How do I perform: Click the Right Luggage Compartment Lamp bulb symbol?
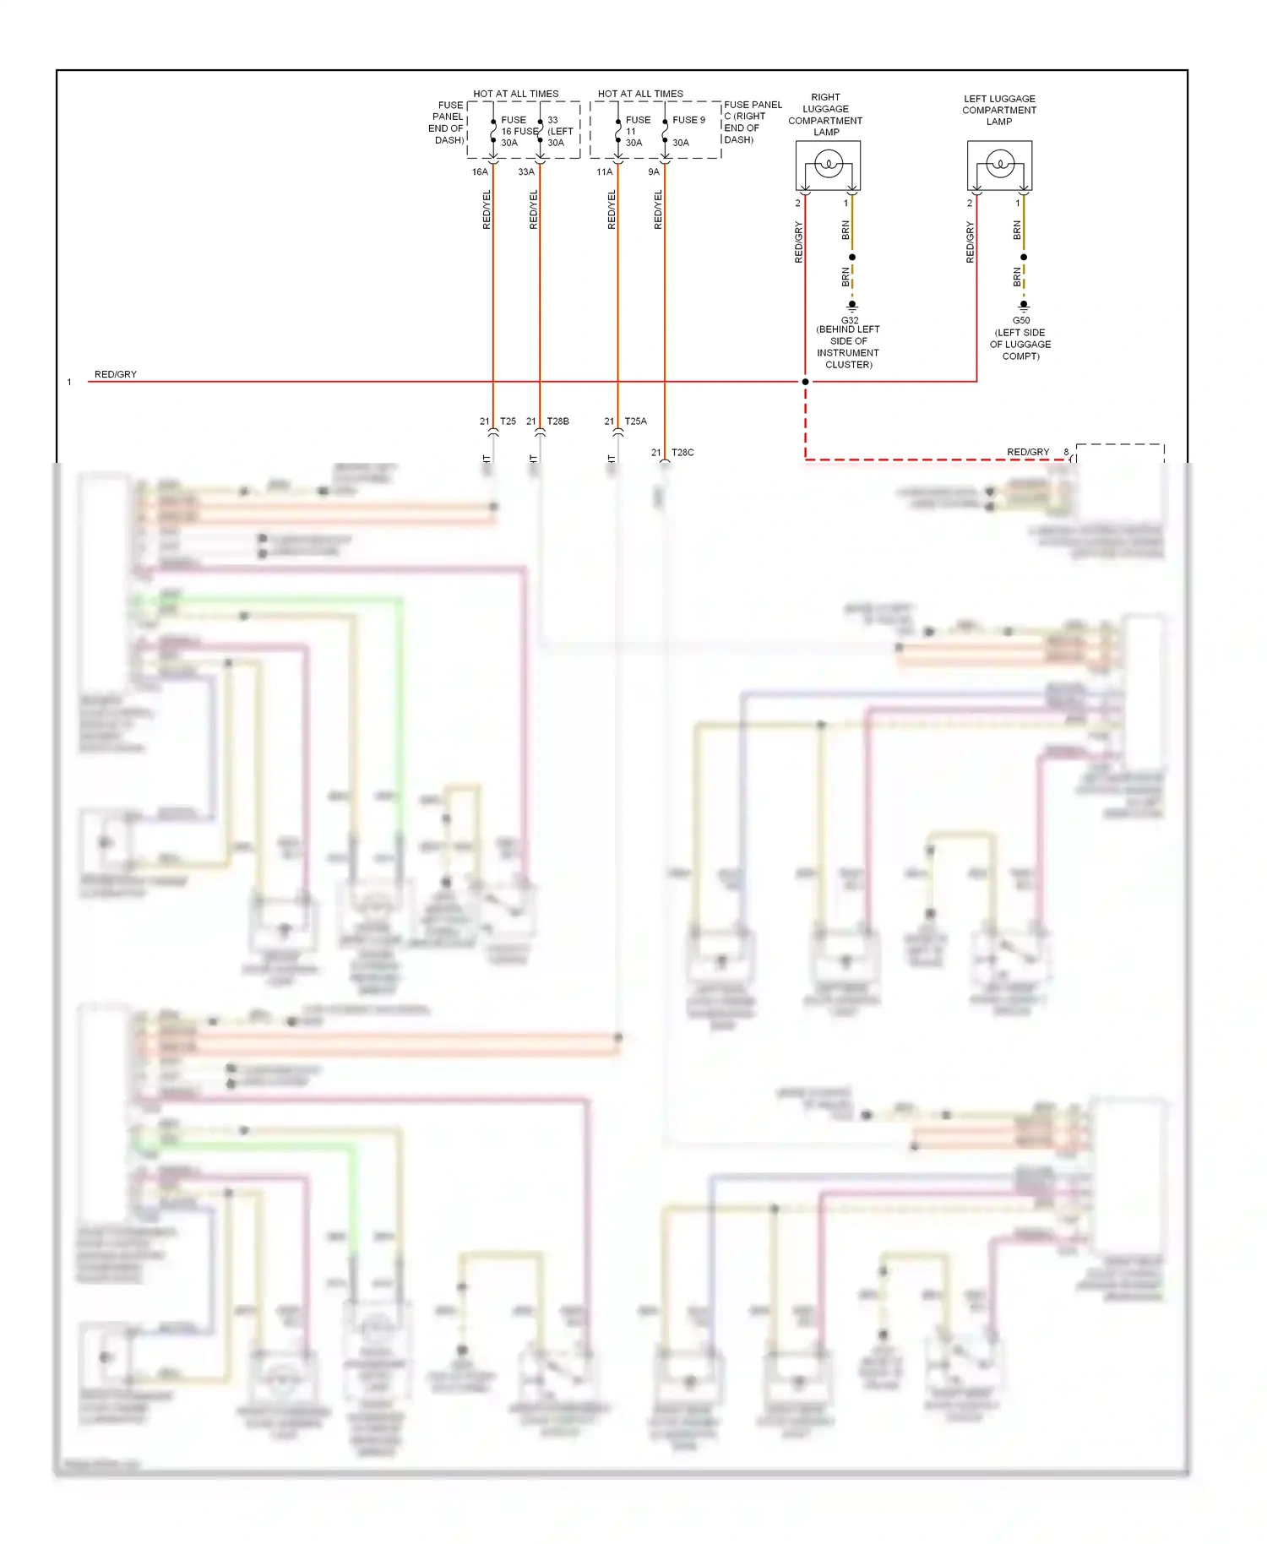[828, 164]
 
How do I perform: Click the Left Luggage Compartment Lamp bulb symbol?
[1000, 164]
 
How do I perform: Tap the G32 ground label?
[849, 320]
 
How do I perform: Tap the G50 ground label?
[1021, 321]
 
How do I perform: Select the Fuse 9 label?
[688, 120]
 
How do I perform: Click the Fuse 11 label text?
[637, 126]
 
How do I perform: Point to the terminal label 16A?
[480, 172]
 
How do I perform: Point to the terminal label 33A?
[526, 172]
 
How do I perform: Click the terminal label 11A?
[604, 172]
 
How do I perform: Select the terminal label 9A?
[654, 172]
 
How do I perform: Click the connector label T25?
[508, 421]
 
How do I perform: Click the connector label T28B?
[557, 421]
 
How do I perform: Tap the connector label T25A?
[635, 421]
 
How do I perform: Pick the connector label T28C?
[682, 453]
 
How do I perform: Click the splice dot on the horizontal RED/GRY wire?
[805, 382]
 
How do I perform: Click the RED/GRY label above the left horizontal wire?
[116, 374]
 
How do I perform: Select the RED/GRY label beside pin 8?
[1028, 452]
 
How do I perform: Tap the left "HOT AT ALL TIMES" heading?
[515, 94]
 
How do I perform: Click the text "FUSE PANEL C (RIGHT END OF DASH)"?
[752, 122]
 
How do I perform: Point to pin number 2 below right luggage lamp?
[797, 204]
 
